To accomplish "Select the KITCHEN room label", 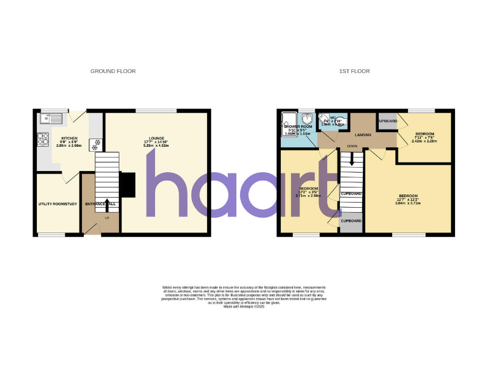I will [x=69, y=138].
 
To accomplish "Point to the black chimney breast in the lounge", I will [x=127, y=185].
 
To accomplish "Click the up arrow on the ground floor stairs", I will [x=106, y=204].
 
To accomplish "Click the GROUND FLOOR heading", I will [x=113, y=71].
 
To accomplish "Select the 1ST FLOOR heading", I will [x=355, y=71].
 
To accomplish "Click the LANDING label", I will [x=363, y=135].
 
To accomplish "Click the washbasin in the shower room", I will [x=307, y=118].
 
